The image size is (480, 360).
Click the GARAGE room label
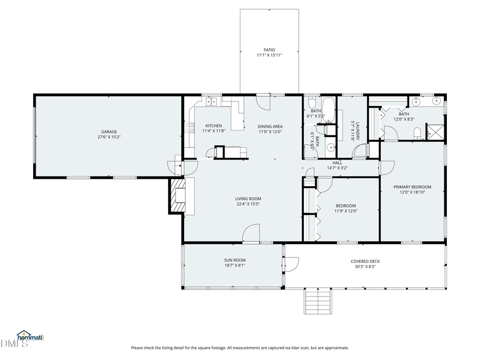pyautogui.click(x=109, y=132)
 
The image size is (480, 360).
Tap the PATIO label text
pyautogui.click(x=269, y=50)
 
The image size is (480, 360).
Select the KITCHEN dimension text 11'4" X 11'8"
pyautogui.click(x=214, y=131)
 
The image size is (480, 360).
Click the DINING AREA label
pyautogui.click(x=270, y=126)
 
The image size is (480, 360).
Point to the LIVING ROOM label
pyautogui.click(x=248, y=199)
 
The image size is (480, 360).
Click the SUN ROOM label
pyautogui.click(x=235, y=260)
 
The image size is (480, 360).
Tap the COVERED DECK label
pyautogui.click(x=365, y=261)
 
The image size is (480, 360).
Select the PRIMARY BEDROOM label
pyautogui.click(x=412, y=187)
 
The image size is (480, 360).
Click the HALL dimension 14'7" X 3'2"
pyautogui.click(x=338, y=168)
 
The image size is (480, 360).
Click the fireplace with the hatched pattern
pyautogui.click(x=178, y=195)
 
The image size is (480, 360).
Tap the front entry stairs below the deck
pyautogui.click(x=318, y=301)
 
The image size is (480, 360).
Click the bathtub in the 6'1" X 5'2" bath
pyautogui.click(x=329, y=110)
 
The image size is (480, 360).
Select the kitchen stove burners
pyautogui.click(x=189, y=128)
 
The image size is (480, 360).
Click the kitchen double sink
pyautogui.click(x=211, y=101)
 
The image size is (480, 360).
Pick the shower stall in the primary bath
pyautogui.click(x=435, y=132)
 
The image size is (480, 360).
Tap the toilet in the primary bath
pyautogui.click(x=417, y=134)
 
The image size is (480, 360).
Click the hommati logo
pyautogui.click(x=30, y=336)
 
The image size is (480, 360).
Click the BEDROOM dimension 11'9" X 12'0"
pyautogui.click(x=346, y=211)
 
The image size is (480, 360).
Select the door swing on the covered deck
pyautogui.click(x=292, y=265)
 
